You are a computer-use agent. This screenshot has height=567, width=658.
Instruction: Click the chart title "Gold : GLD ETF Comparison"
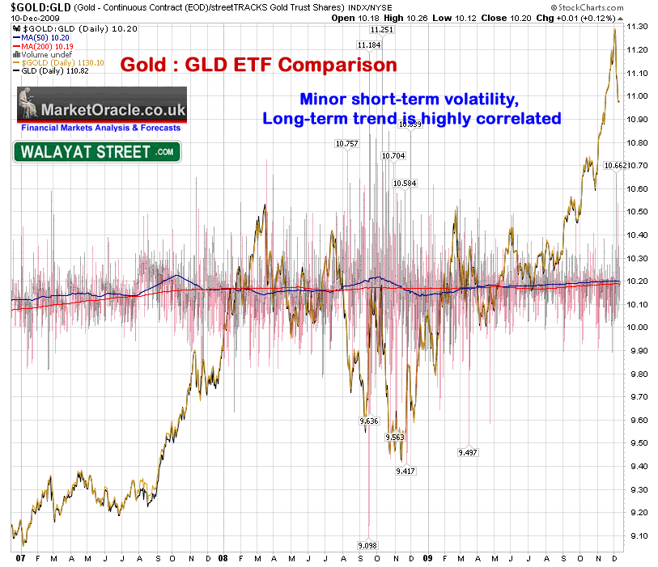259,64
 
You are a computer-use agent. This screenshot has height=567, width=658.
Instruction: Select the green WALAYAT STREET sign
97,151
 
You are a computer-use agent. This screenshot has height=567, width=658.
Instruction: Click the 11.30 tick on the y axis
638,27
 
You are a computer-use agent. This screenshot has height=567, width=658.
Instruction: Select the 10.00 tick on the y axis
638,328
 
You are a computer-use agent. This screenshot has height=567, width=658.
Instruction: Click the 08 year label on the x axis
222,558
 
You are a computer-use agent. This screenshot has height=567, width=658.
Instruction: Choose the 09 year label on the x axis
428,558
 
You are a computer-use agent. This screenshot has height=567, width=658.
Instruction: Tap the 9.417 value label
405,470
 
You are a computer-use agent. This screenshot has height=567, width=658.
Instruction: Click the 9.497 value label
467,451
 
